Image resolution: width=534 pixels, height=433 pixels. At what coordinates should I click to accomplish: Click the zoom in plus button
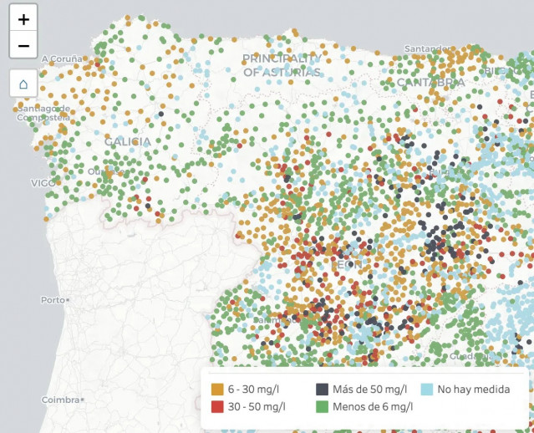tap(23, 18)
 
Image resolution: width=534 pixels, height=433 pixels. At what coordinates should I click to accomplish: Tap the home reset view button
tap(23, 84)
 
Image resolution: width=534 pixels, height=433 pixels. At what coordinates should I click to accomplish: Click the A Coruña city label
tap(61, 59)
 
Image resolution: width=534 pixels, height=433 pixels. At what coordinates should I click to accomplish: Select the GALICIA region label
tap(128, 142)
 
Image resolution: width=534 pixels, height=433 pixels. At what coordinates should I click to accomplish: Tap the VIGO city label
tap(43, 182)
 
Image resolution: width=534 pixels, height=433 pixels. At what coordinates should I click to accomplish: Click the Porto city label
tap(53, 299)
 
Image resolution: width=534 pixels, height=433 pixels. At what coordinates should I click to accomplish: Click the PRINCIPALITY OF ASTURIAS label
tap(282, 65)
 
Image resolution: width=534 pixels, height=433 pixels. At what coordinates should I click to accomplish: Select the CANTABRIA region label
tap(430, 83)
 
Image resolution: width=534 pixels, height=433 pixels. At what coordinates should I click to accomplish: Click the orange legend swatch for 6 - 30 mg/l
tap(217, 390)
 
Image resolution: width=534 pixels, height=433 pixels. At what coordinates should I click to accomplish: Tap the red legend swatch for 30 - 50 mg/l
tap(217, 407)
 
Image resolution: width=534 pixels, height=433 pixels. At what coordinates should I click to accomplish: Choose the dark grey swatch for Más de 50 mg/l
tap(322, 390)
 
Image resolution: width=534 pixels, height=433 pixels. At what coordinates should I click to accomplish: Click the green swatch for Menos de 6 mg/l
tap(322, 407)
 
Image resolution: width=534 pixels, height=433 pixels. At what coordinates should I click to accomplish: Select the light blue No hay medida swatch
tap(426, 390)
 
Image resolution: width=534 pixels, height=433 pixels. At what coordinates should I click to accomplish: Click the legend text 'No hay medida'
tap(473, 390)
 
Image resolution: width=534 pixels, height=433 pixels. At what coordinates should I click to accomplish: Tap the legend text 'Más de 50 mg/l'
tap(369, 390)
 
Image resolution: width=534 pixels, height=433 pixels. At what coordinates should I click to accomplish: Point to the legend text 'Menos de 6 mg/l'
tap(373, 407)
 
